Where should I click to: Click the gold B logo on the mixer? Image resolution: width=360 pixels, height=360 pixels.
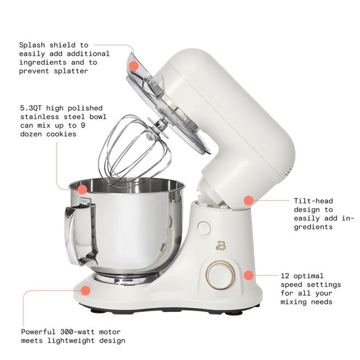pyautogui.click(x=221, y=245)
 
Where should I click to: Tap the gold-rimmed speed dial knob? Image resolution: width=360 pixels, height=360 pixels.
pyautogui.click(x=220, y=275)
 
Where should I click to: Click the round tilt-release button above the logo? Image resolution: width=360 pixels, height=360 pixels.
pyautogui.click(x=204, y=228)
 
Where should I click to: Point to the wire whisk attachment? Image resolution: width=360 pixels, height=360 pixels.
pyautogui.click(x=135, y=149)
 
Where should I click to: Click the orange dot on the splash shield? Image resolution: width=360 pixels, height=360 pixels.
pyautogui.click(x=134, y=66)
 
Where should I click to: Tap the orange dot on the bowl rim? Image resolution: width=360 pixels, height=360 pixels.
pyautogui.click(x=82, y=190)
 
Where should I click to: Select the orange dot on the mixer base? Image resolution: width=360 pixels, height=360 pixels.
pyautogui.click(x=86, y=290)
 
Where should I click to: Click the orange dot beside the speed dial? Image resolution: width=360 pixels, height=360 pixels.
pyautogui.click(x=249, y=275)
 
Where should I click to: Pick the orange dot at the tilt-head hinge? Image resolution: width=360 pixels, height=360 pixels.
pyautogui.click(x=249, y=200)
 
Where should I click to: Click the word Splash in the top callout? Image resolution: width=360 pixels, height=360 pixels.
pyautogui.click(x=33, y=45)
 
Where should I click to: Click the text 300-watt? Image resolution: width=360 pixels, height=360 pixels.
pyautogui.click(x=77, y=332)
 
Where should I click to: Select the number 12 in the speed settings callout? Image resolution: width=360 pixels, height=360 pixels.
pyautogui.click(x=285, y=276)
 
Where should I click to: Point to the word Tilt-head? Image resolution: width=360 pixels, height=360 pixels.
pyautogui.click(x=313, y=201)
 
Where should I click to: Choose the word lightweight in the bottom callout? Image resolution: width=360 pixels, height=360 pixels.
pyautogui.click(x=71, y=340)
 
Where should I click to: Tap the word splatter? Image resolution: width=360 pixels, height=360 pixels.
pyautogui.click(x=71, y=71)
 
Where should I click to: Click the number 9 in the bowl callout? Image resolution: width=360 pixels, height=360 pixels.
pyautogui.click(x=83, y=125)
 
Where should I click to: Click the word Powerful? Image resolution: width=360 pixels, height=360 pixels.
pyautogui.click(x=38, y=332)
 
